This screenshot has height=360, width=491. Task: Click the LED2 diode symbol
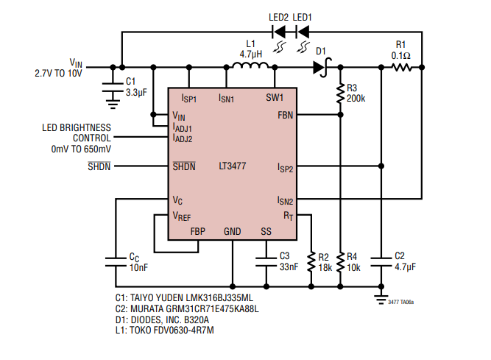click(280, 32)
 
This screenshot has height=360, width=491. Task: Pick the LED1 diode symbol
click(302, 32)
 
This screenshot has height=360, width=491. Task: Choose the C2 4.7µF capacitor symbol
click(381, 260)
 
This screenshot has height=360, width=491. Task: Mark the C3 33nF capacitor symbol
click(266, 260)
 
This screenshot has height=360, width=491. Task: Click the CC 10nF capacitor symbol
click(116, 260)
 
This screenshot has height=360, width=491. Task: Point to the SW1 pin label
click(275, 97)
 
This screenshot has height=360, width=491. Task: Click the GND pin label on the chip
click(232, 231)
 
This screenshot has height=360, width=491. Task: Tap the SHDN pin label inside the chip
click(184, 166)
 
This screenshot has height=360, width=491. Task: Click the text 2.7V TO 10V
click(58, 74)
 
